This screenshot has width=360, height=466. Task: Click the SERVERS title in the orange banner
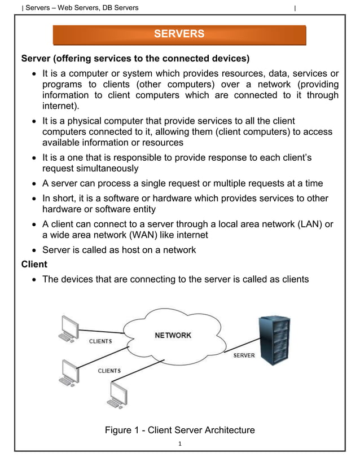(179, 34)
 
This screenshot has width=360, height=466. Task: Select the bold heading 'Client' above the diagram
(34, 264)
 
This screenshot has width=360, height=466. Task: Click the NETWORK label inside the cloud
(173, 335)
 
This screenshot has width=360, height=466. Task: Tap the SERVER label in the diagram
(244, 355)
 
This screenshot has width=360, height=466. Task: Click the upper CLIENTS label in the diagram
(100, 341)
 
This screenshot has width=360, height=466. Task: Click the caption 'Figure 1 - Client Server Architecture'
(179, 430)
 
